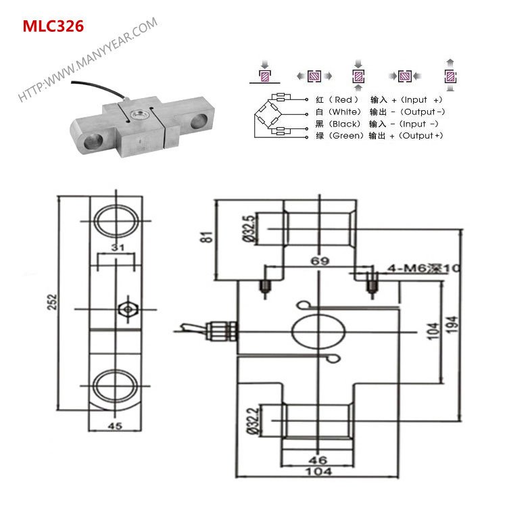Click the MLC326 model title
[x=53, y=26]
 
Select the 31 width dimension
[x=118, y=248]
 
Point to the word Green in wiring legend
[x=345, y=136]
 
